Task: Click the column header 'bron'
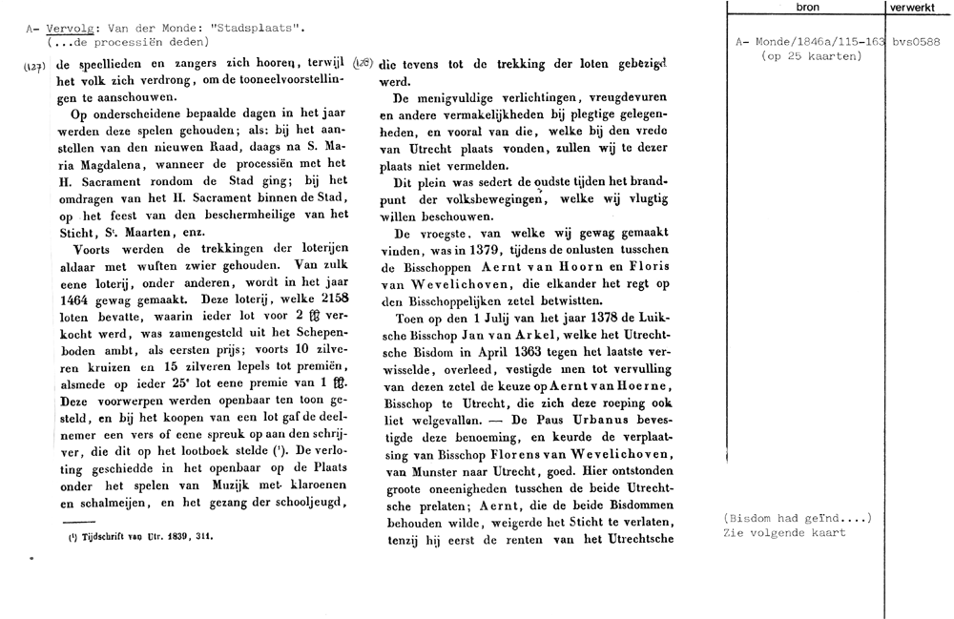[x=806, y=7]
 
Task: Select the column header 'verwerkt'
[x=913, y=7]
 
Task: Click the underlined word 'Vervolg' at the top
[x=70, y=29]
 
